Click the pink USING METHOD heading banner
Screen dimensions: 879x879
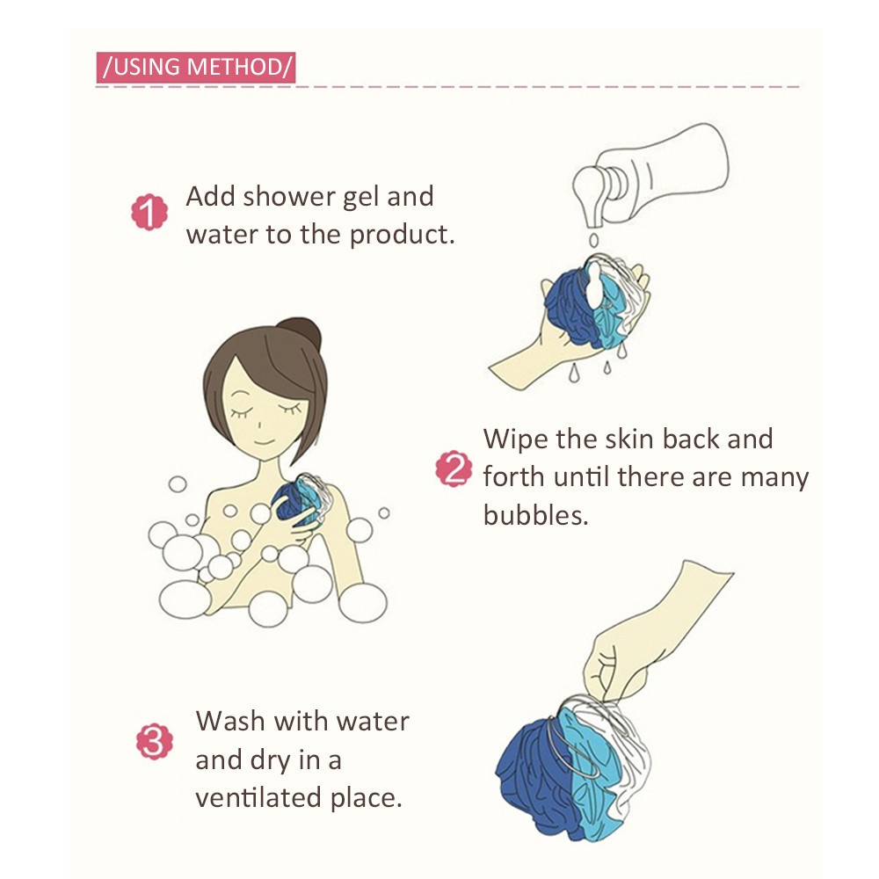196,68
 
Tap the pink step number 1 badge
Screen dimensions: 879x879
149,213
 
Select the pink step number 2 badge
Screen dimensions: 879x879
454,469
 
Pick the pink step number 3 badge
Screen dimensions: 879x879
155,742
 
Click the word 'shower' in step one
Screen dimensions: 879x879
288,197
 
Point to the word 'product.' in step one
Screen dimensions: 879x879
402,236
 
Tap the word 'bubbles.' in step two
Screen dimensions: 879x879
536,515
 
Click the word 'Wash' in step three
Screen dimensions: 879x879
230,721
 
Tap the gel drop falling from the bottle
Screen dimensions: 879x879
593,241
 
